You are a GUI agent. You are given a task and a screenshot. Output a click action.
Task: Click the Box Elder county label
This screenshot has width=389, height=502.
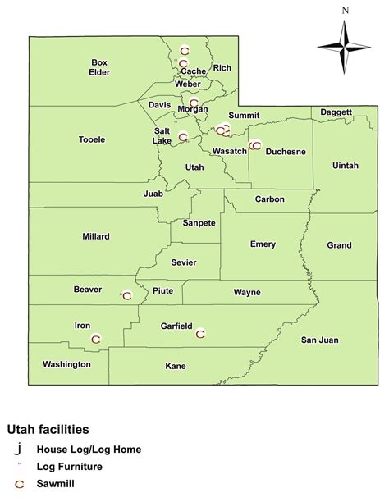99,66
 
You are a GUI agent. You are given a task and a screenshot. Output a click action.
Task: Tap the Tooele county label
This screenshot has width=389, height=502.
92,139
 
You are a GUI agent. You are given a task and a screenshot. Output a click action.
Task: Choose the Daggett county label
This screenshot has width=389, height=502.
336,112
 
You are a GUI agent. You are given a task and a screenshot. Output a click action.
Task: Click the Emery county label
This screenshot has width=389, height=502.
263,244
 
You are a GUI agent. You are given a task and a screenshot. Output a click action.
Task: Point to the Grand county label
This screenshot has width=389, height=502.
339,245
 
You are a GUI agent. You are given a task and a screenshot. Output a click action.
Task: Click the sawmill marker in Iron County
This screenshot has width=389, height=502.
96,338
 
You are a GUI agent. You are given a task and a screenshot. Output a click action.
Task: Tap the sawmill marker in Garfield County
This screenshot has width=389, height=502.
200,333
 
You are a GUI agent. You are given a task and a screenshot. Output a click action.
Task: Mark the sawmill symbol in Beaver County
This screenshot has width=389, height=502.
127,296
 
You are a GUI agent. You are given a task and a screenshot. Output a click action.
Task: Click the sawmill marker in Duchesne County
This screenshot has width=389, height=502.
256,146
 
